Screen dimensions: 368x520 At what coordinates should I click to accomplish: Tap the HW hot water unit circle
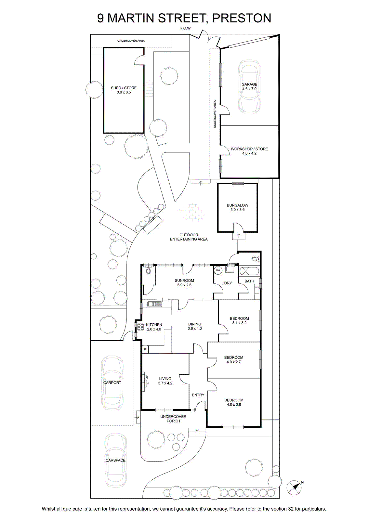point(218,270)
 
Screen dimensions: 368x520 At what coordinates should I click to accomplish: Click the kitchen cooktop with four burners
point(140,327)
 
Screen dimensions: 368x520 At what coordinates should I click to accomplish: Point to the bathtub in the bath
point(249,271)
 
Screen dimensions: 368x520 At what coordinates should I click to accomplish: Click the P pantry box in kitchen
point(145,349)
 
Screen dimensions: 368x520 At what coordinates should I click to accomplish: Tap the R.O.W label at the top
point(185,28)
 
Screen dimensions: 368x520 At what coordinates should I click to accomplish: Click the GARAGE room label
point(249,84)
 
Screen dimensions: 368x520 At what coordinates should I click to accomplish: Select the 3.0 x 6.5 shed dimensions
point(124,92)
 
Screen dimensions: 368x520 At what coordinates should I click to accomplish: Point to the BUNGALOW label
point(238,205)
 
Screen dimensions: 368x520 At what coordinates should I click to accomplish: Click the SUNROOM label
point(184,280)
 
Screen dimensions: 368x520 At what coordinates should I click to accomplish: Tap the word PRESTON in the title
point(242,18)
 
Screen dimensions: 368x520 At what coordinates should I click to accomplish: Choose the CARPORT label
point(112,383)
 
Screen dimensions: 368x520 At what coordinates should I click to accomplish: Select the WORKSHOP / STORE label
point(249,149)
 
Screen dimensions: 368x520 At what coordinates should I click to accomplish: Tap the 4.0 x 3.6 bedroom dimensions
point(234,404)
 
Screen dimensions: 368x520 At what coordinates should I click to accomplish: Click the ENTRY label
point(198,395)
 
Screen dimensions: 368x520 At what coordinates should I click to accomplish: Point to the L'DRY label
point(226,283)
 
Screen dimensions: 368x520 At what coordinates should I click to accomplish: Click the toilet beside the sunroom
point(148,270)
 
